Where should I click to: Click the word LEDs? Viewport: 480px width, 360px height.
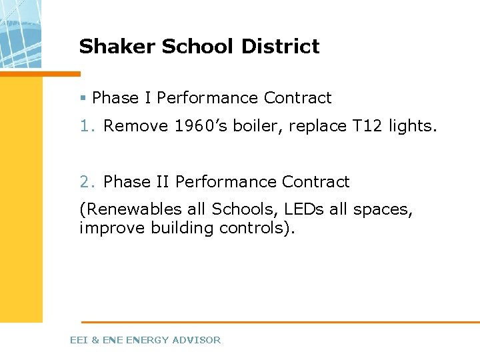tap(304, 209)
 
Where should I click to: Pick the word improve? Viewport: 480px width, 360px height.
tap(113, 228)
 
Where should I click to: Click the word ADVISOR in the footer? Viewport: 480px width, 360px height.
tap(196, 340)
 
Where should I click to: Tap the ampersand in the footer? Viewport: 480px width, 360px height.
tap(95, 340)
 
